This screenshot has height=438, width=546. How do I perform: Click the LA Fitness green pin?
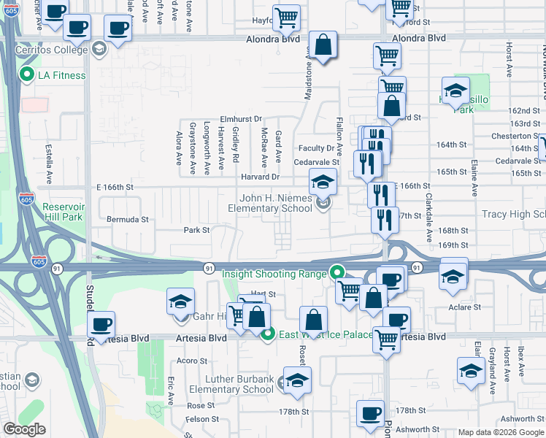point(27,74)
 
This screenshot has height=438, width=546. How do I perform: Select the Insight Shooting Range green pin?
point(337,274)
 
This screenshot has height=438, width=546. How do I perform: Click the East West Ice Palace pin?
point(268,334)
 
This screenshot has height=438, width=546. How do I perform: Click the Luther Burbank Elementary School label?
point(231,384)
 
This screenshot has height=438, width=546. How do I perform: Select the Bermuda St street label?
point(128,219)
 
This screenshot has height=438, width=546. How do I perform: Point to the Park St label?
point(196,230)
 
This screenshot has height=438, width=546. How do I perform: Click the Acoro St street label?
point(193,361)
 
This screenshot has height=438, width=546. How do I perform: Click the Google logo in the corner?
point(24,429)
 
